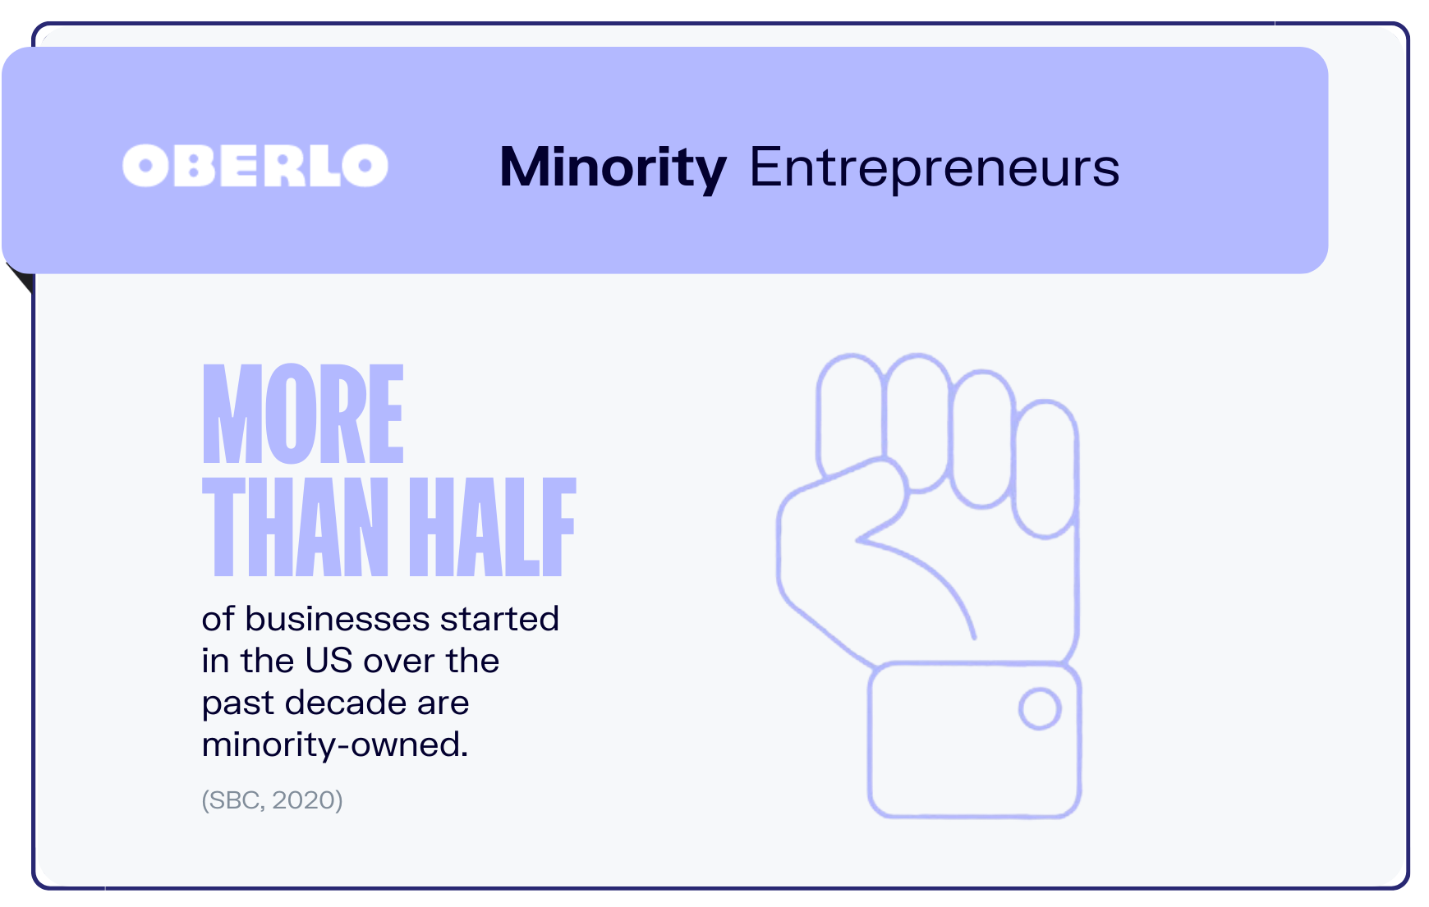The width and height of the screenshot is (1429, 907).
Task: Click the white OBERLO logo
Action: pyautogui.click(x=255, y=166)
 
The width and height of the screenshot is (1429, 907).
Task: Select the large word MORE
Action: pyautogui.click(x=303, y=414)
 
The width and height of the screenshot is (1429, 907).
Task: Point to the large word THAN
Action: pyautogui.click(x=296, y=527)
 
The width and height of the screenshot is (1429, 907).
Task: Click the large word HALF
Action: pyautogui.click(x=493, y=527)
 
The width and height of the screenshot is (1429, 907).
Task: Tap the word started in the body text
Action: pyautogui.click(x=499, y=619)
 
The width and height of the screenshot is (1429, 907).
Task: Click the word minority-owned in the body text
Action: pyautogui.click(x=334, y=745)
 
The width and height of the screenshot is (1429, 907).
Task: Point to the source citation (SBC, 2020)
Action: pyautogui.click(x=272, y=800)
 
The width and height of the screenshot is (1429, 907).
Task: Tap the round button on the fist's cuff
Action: pyautogui.click(x=1040, y=709)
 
